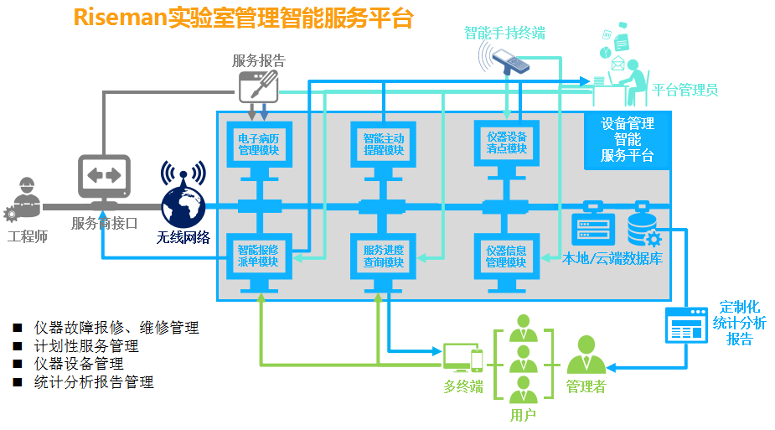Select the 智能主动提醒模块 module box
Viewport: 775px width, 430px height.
(383, 144)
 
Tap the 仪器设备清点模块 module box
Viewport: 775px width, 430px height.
(506, 143)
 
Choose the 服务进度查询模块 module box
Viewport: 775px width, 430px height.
(383, 256)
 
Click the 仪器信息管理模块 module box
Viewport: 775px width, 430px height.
(506, 256)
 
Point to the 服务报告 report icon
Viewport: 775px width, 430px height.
(258, 85)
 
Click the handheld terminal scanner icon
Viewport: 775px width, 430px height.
(510, 60)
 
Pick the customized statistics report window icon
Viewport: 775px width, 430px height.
(685, 324)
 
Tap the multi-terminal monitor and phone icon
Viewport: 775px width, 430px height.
(462, 358)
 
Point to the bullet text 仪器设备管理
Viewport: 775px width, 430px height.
(79, 364)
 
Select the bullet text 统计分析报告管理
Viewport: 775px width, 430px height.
(94, 382)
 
